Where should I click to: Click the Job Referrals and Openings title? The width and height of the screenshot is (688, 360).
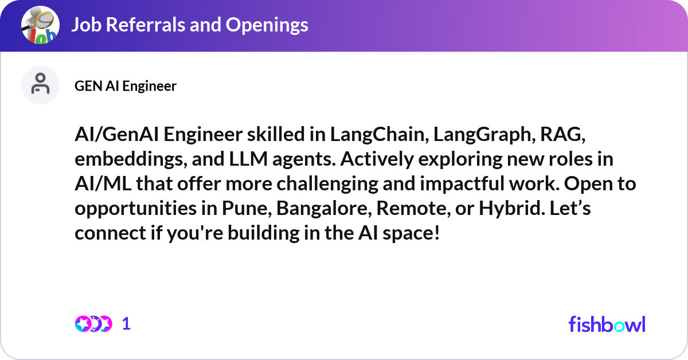[189, 25]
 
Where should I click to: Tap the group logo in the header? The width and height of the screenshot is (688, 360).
[40, 25]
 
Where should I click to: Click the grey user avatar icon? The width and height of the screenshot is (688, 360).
[40, 85]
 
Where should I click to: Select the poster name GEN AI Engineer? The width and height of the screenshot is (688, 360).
[126, 86]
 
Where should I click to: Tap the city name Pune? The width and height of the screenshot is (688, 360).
[244, 209]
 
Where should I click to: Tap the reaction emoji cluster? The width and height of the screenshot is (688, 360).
[93, 324]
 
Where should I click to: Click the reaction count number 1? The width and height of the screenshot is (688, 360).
[127, 324]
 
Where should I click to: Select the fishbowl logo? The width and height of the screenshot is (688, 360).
[607, 324]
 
